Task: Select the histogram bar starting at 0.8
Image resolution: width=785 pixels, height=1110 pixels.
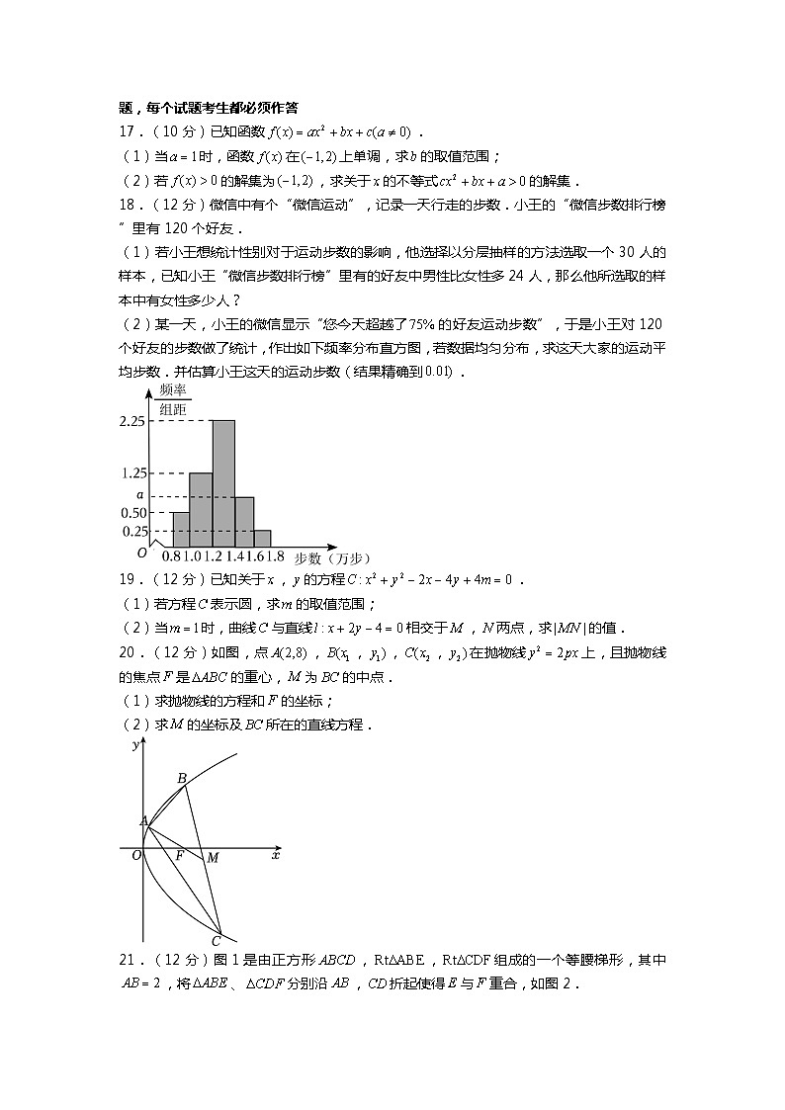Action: tap(181, 529)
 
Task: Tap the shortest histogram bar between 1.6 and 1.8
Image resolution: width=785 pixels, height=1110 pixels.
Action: tap(262, 538)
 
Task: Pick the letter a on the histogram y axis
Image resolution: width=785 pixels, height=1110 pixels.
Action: tap(139, 495)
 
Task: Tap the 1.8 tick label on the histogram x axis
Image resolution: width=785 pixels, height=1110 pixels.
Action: tap(275, 557)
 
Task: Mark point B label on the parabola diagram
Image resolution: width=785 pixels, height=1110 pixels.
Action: tap(182, 779)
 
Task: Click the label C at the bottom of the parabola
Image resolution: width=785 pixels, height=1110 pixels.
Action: tap(216, 941)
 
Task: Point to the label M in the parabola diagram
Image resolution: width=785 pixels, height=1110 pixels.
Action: tap(213, 858)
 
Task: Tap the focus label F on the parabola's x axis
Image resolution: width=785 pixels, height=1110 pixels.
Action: tap(179, 856)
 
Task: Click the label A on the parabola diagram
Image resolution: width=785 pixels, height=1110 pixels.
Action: tap(143, 820)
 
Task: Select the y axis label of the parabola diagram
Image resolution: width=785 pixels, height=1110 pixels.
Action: tap(134, 746)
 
